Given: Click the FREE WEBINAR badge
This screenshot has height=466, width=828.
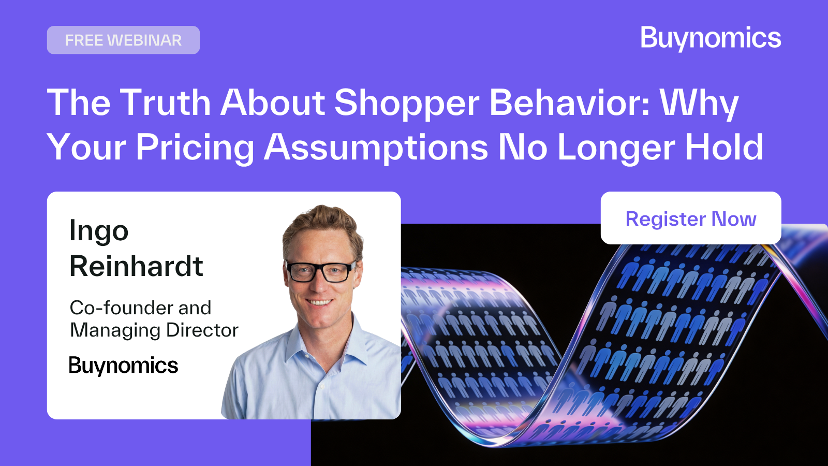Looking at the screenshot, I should [123, 40].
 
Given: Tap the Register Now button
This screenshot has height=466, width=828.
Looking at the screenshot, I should [690, 219].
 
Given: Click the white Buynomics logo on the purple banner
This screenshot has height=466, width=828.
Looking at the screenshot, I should [711, 38].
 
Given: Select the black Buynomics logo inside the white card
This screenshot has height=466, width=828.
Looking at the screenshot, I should [123, 366].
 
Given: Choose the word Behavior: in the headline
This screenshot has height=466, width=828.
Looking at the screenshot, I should [569, 103].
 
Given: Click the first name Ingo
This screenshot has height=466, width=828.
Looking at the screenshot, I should [99, 231].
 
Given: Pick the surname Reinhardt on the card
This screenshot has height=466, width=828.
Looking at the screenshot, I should [136, 266].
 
